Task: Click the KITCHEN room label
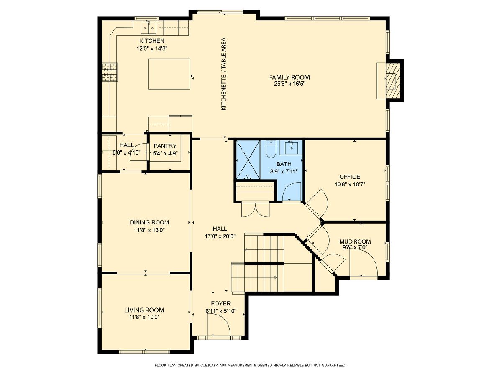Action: (x=152, y=41)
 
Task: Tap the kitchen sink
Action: (x=149, y=28)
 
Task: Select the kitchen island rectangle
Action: (x=169, y=74)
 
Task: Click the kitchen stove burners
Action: (x=110, y=72)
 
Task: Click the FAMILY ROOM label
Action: (x=289, y=77)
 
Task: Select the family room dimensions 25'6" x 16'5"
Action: (x=290, y=84)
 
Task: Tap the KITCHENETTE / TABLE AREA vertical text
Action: (x=224, y=74)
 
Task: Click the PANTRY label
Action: (x=165, y=146)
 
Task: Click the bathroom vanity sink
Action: (x=292, y=147)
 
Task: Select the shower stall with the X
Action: (x=248, y=160)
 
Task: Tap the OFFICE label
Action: (x=349, y=177)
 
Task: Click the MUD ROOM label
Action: (x=355, y=241)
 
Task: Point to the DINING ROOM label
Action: (x=149, y=222)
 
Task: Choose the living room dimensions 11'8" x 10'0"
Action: (x=144, y=317)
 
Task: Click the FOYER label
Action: (x=221, y=303)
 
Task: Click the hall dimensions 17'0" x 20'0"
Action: (x=220, y=236)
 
